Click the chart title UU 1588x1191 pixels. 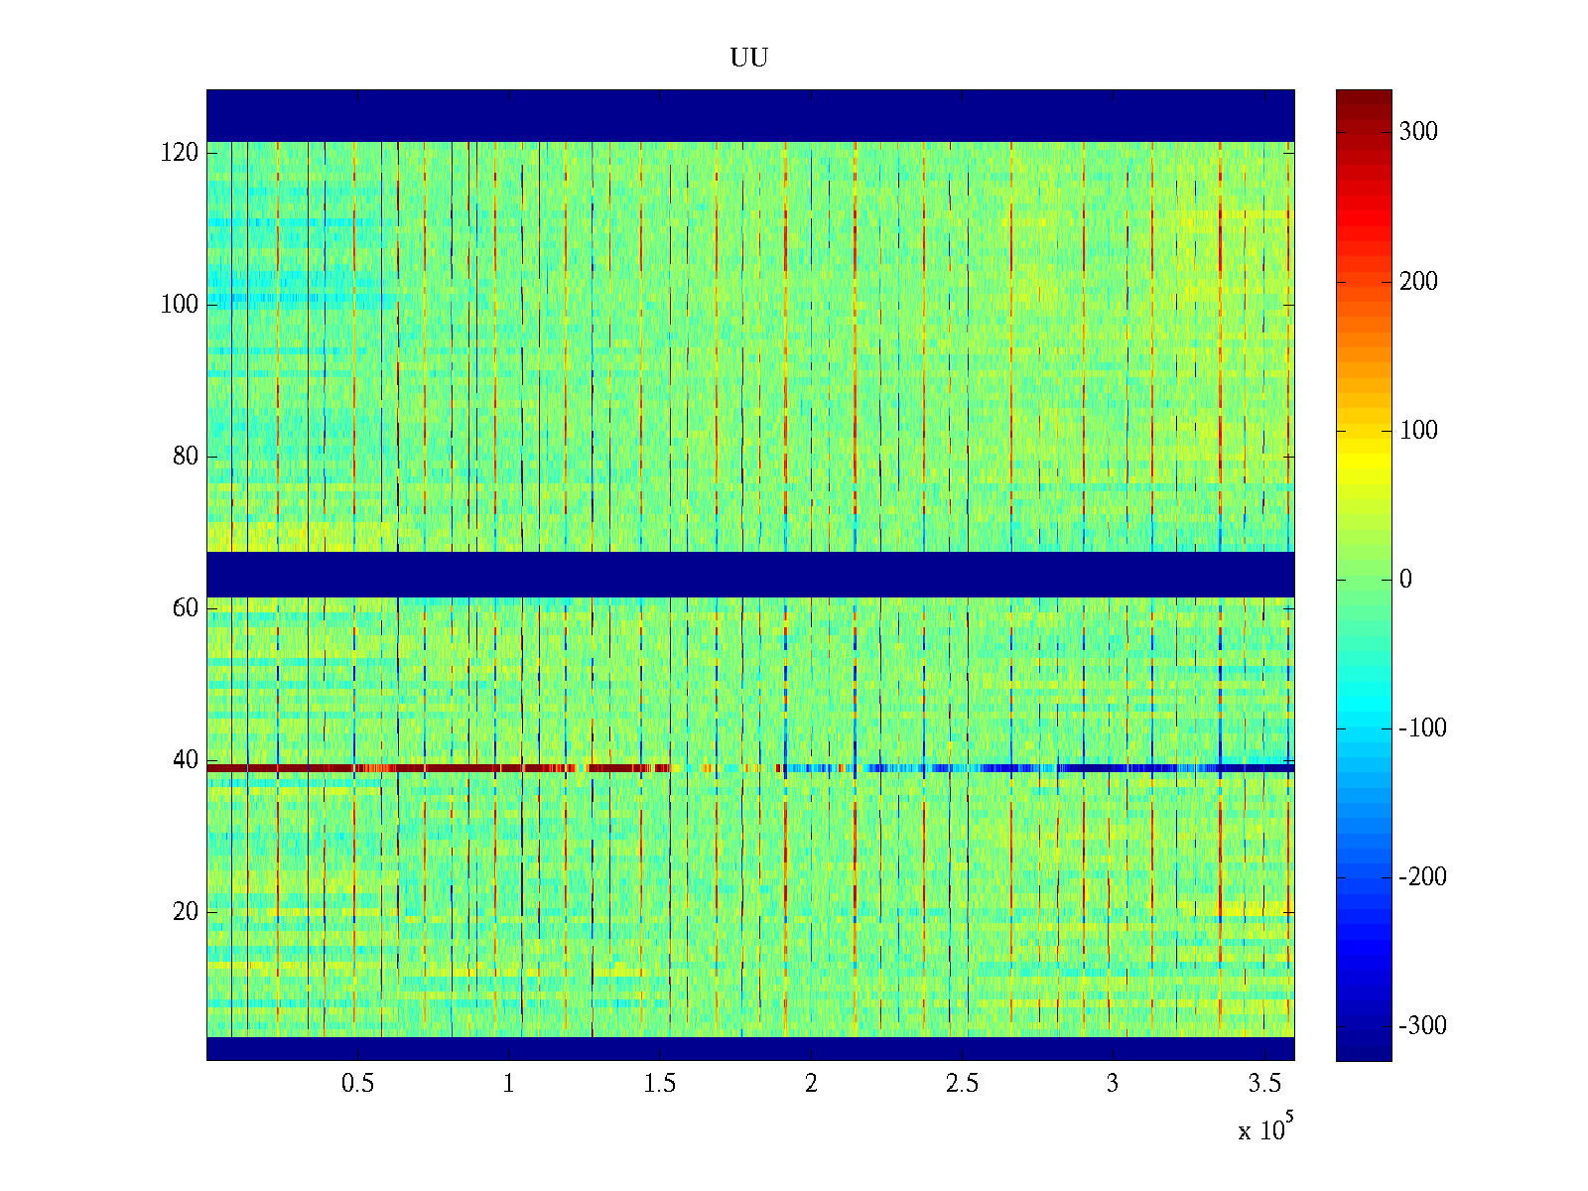(749, 59)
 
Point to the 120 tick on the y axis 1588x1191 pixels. (180, 153)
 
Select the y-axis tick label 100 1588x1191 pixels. (180, 305)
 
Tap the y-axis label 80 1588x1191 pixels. (186, 457)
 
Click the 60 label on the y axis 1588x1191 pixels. (186, 608)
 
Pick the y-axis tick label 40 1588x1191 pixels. (186, 760)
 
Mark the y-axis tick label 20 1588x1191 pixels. (186, 912)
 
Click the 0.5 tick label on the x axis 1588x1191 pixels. (357, 1084)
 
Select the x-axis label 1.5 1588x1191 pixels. (660, 1084)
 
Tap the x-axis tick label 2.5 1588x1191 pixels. (962, 1084)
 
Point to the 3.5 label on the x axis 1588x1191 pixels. (1264, 1084)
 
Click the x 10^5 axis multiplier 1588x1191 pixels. (1264, 1129)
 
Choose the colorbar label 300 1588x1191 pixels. (1418, 132)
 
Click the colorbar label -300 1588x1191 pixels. (1422, 1026)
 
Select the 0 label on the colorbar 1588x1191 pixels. (1405, 580)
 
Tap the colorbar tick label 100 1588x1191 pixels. (1418, 431)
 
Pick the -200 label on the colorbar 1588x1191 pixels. (1422, 877)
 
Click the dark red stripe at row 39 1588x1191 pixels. (397, 768)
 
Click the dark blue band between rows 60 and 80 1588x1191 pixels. (749, 575)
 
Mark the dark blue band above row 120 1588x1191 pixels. (749, 115)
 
